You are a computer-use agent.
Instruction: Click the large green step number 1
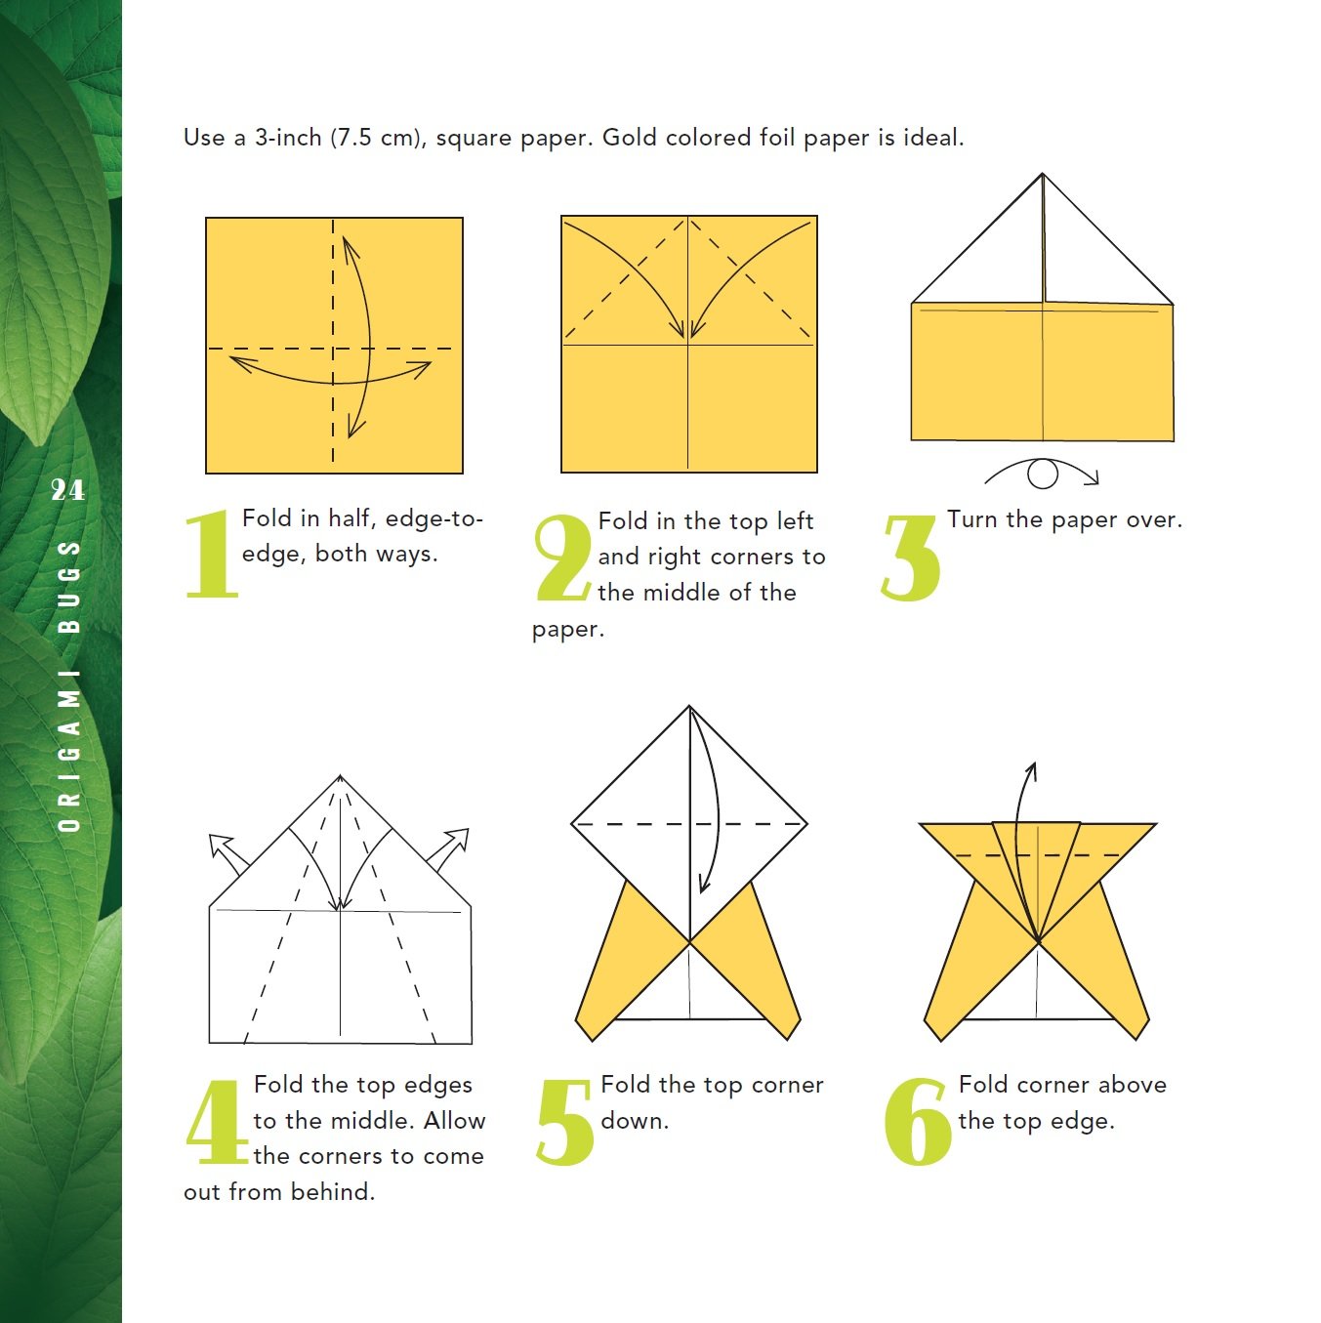(212, 554)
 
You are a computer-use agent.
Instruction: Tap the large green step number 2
(563, 558)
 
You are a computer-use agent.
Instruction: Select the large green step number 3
(910, 558)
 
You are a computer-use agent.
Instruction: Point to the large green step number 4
(216, 1122)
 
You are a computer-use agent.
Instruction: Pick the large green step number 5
(565, 1122)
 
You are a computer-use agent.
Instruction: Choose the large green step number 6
(917, 1122)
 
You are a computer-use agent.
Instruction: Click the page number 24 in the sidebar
(67, 489)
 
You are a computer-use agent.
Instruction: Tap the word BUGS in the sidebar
(68, 586)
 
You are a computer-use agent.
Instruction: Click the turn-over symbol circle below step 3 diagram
(1043, 475)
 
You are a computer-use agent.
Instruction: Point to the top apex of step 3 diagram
(1043, 176)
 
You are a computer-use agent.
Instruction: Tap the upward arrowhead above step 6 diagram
(1031, 770)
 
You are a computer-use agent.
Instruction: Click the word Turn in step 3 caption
(972, 519)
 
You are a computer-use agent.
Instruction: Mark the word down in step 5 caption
(634, 1120)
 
